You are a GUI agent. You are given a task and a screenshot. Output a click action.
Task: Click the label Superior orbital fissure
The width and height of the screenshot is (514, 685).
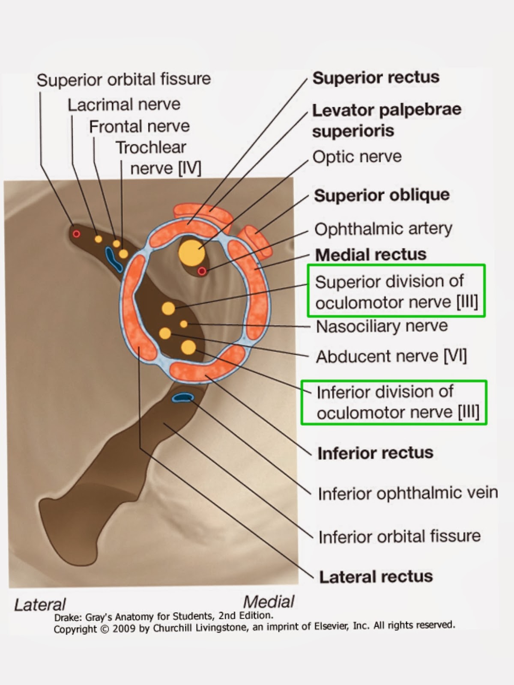tap(124, 80)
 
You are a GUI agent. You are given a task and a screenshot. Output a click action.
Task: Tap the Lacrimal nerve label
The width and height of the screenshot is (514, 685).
tap(124, 105)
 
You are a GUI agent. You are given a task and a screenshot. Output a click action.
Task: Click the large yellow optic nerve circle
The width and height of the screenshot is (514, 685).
tap(191, 253)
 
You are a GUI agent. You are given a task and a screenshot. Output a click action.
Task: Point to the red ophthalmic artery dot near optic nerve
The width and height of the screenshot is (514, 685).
tap(202, 271)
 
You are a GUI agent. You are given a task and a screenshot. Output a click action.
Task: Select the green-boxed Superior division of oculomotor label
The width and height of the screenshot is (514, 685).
tap(396, 292)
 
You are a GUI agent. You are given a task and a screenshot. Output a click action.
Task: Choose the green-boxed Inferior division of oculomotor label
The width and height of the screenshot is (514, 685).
tap(394, 402)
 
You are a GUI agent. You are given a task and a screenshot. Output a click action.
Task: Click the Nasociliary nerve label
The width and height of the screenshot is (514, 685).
tap(382, 326)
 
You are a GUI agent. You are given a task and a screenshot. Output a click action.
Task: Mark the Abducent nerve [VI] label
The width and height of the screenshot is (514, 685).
tap(391, 356)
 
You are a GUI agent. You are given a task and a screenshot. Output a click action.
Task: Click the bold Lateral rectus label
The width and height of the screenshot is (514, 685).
tap(376, 577)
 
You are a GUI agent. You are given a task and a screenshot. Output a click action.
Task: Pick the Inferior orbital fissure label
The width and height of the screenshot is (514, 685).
tap(399, 536)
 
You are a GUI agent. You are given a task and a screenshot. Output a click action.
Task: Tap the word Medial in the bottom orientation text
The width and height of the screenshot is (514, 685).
tap(269, 602)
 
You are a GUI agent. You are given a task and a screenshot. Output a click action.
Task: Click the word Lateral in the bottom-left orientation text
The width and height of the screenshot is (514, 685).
tap(40, 605)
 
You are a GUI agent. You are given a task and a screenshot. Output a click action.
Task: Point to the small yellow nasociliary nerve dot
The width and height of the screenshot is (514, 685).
tap(184, 324)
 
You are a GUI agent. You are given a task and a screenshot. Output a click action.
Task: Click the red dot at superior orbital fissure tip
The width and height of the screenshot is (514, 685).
tap(76, 233)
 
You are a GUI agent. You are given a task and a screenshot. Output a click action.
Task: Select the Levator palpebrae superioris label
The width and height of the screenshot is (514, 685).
tap(386, 120)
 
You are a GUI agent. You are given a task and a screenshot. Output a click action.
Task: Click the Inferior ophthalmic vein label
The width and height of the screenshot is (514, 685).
tap(407, 493)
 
